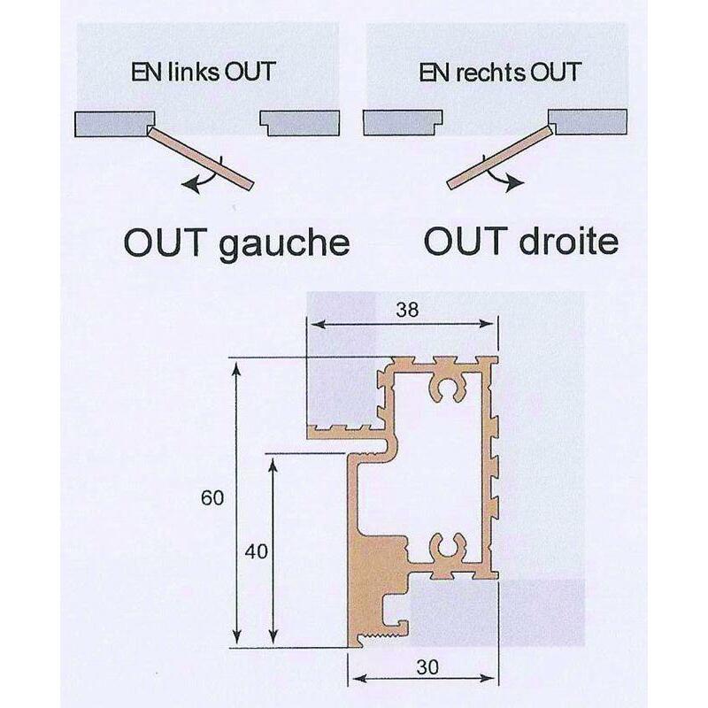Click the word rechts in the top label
pos(490,73)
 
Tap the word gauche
pos(284,245)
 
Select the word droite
pos(568,242)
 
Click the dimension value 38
pos(407,310)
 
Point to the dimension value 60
pos(212,498)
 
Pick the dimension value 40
pos(256,551)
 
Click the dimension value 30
pos(427,667)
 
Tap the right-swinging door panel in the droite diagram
pos(499,158)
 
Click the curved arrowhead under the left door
pos(190,185)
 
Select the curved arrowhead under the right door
pos(515,183)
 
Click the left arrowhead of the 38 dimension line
pos(318,324)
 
